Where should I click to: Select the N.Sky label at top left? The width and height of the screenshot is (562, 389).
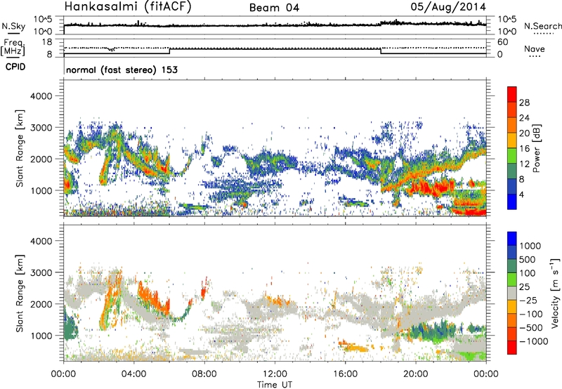pos(11,25)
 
